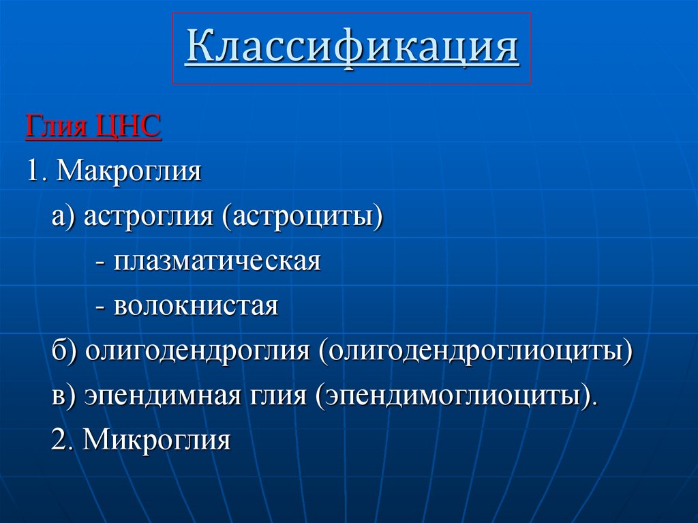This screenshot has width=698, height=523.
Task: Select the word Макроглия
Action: click(129, 171)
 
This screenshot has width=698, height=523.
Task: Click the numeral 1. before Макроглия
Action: click(37, 171)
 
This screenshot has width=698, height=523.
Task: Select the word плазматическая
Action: click(217, 262)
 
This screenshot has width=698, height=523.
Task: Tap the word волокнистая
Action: click(196, 306)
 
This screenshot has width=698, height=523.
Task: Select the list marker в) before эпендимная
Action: click(64, 396)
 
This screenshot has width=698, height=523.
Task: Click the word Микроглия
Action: click(157, 440)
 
